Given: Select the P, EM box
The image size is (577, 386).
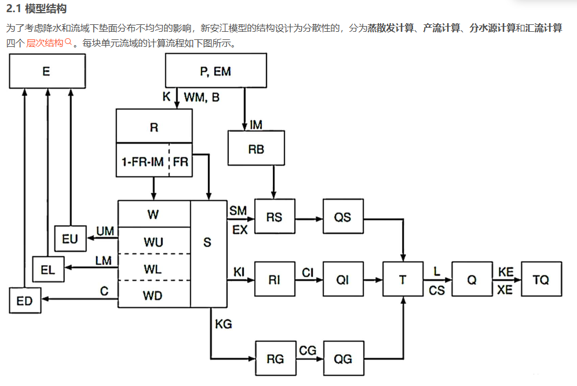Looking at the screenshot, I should click(216, 71).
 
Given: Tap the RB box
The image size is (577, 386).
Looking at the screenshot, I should click(256, 149).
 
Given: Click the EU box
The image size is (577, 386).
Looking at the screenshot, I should click(70, 239).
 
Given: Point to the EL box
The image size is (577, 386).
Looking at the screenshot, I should click(48, 269).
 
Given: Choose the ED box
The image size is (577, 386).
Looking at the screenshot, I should click(24, 300).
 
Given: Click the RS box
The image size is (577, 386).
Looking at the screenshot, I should click(274, 217).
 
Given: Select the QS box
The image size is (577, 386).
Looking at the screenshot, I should click(343, 217).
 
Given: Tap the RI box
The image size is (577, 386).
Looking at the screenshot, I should click(274, 280).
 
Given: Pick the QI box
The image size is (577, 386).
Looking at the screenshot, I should click(343, 280).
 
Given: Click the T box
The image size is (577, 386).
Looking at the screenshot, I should click(403, 280).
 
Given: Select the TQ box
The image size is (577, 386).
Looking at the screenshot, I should click(541, 280).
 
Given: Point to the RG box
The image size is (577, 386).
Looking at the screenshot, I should click(275, 359).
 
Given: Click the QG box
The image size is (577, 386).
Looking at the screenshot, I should click(343, 359).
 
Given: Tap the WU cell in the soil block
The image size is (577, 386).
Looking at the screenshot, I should click(154, 241).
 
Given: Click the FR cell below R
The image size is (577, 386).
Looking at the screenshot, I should click(181, 162).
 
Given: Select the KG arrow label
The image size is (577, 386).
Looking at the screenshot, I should click(223, 324).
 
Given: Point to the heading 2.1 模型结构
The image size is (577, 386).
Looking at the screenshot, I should click(36, 9).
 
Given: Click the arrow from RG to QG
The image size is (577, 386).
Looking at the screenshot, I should click(309, 359).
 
